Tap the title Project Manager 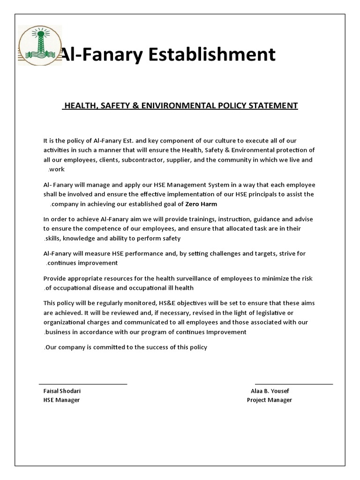(270, 400)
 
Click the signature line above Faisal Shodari (83, 384)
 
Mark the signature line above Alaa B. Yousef (294, 384)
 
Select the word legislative (276, 313)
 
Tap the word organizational (63, 322)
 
